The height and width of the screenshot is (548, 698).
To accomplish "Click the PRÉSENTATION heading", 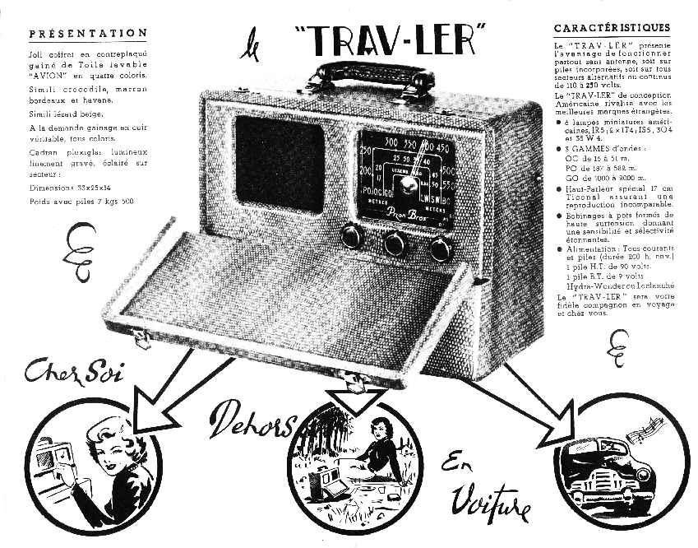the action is point(88,34).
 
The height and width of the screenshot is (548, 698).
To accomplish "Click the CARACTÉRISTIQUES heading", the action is point(612,27).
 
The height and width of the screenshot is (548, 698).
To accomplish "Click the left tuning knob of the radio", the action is point(352,236).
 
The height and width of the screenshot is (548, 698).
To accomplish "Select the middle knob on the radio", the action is point(396,243).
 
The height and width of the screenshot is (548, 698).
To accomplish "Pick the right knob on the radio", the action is point(441,248).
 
